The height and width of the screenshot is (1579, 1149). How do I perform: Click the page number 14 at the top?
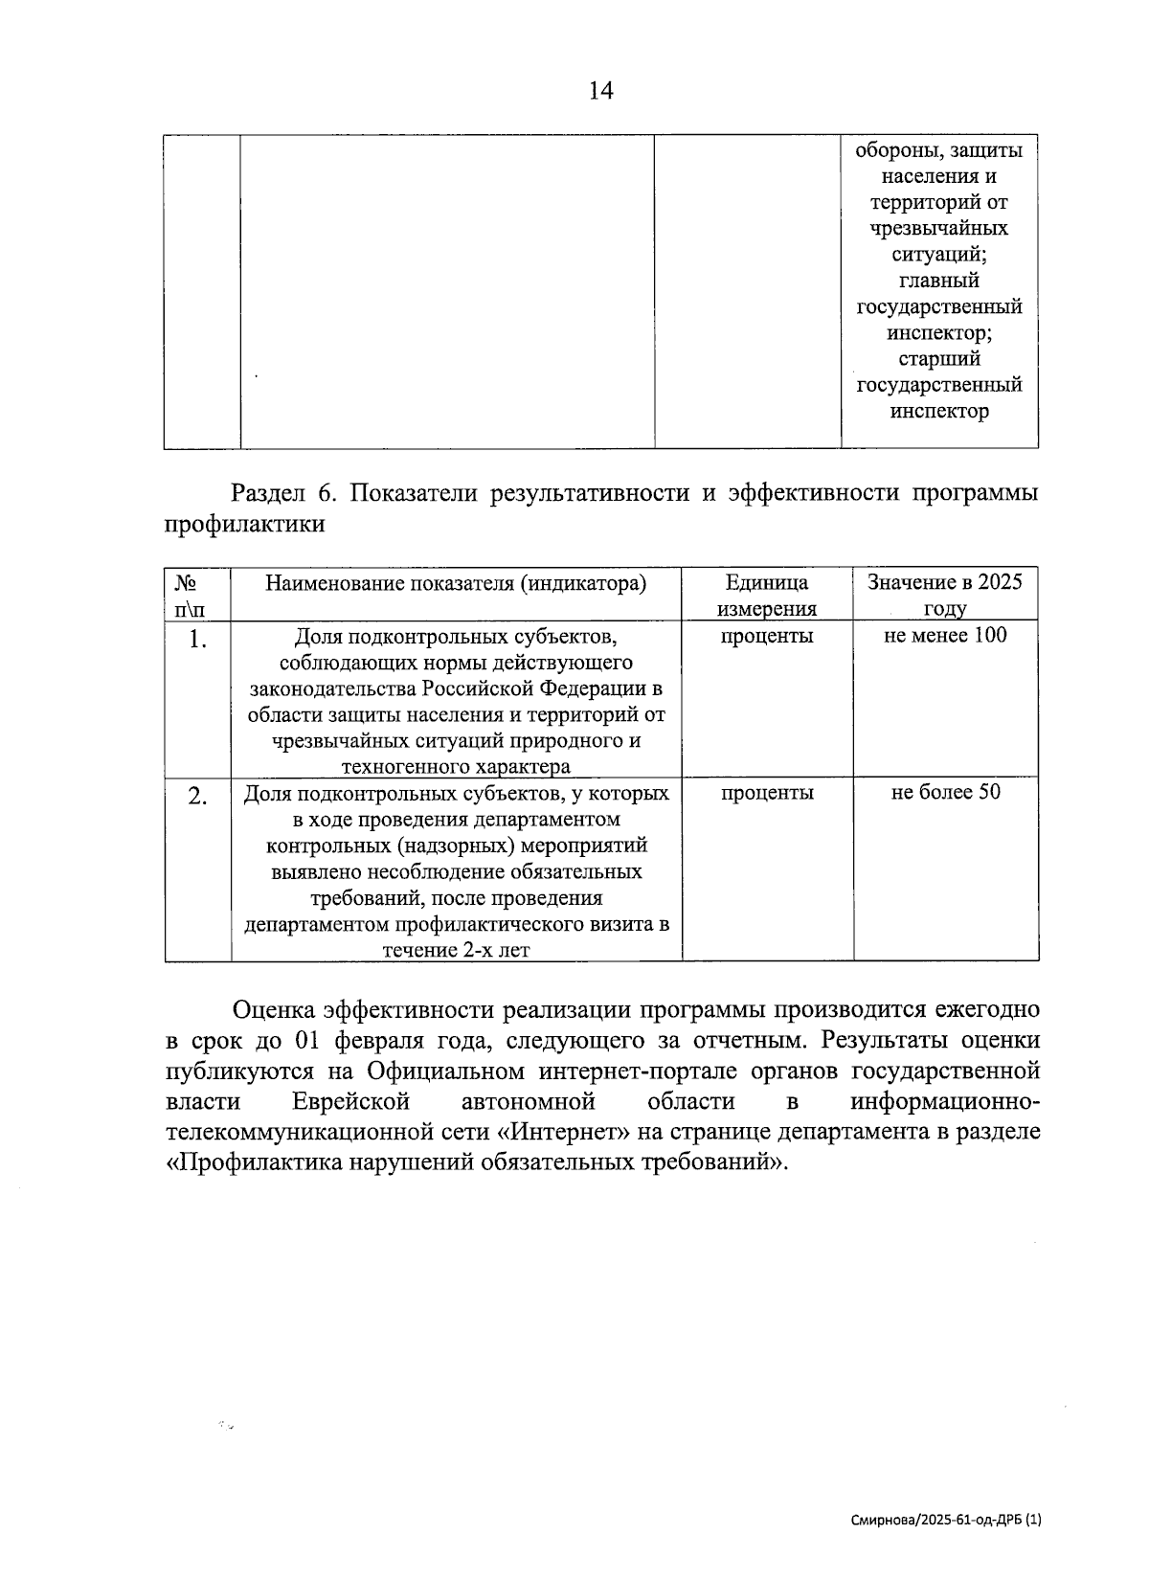click(x=600, y=91)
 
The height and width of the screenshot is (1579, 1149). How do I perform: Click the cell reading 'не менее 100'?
click(x=945, y=635)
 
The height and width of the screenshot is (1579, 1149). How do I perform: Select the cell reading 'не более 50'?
click(x=945, y=792)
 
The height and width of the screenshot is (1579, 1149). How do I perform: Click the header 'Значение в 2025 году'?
click(x=945, y=596)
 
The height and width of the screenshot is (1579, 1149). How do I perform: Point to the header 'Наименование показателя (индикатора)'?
click(x=455, y=583)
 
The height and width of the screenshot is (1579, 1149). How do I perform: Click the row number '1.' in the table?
click(x=197, y=639)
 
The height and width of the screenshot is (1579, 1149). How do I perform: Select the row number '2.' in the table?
click(x=197, y=796)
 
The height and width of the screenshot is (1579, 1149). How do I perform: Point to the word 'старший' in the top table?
click(x=939, y=360)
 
